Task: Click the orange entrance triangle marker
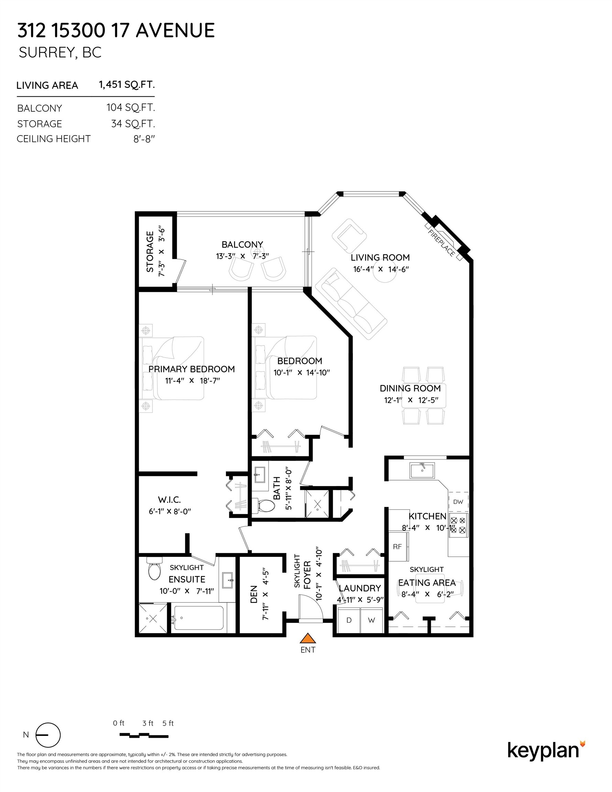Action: [308, 638]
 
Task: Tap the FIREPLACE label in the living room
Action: [441, 243]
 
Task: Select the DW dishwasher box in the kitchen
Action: [458, 502]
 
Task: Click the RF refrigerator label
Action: [397, 547]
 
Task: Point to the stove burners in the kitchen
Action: [459, 525]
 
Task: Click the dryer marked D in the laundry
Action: [349, 620]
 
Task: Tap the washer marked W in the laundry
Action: [371, 620]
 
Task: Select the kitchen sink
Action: [422, 471]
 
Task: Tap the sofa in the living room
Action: [351, 304]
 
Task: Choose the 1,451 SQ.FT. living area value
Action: [127, 85]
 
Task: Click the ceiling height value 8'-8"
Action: [144, 139]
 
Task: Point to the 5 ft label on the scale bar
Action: [168, 723]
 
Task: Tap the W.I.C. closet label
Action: [170, 500]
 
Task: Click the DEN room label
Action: [254, 594]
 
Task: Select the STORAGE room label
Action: [150, 252]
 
